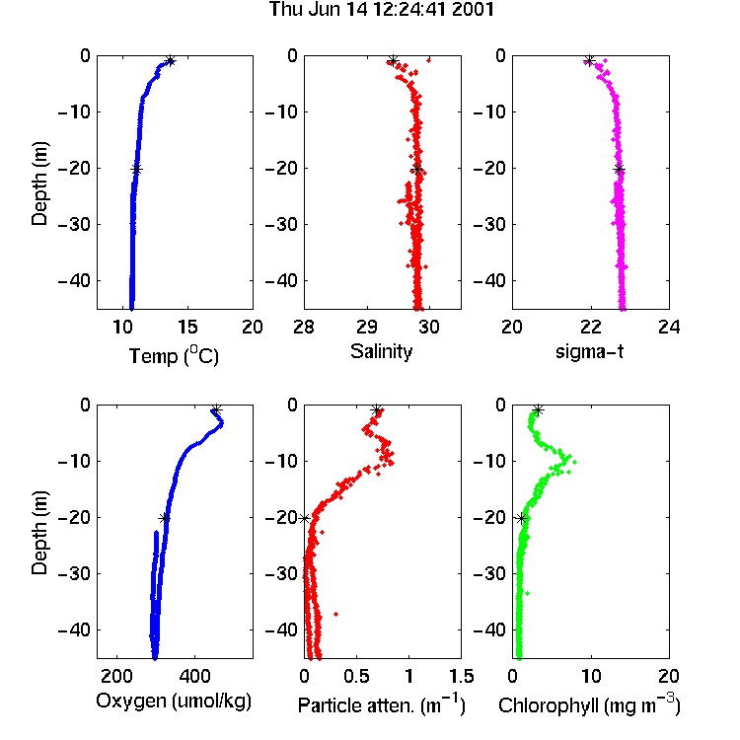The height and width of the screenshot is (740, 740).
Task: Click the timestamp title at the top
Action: click(381, 10)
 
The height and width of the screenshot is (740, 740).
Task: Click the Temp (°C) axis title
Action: click(174, 355)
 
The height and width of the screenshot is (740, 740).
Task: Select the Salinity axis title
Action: click(381, 351)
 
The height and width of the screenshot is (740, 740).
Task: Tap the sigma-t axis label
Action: click(589, 351)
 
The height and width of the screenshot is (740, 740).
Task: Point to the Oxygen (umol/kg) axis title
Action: click(174, 701)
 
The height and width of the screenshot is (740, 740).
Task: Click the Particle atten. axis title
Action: click(381, 704)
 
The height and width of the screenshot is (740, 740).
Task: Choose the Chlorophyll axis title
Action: click(589, 704)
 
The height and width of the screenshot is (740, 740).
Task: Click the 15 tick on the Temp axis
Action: click(187, 327)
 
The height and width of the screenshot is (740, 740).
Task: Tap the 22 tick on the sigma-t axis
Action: click(591, 327)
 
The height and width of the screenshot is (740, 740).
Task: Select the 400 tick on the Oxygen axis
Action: click(194, 676)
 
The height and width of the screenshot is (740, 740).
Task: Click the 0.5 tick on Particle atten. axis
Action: click(356, 676)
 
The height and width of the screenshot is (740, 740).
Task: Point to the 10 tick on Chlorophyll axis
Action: click(591, 676)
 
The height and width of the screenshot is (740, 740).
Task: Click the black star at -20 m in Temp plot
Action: click(136, 170)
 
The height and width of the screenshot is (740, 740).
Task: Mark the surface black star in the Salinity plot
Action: click(393, 60)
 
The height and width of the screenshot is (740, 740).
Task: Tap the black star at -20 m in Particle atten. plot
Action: click(305, 518)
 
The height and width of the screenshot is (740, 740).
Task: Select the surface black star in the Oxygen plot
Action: click(216, 409)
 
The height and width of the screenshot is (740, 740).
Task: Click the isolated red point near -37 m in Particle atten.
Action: click(336, 614)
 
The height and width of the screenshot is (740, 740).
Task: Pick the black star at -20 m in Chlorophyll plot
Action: click(522, 519)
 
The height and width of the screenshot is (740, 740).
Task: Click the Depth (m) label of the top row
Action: click(39, 184)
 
